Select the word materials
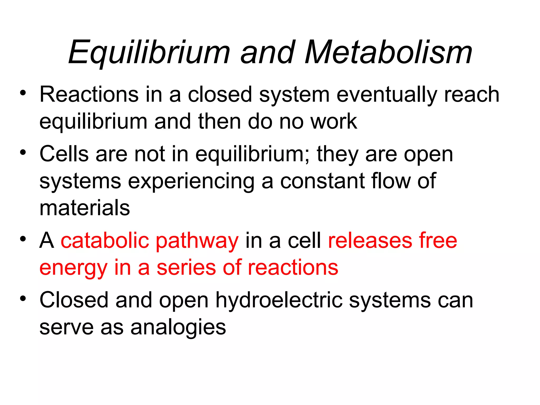point(85,208)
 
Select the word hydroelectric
point(279,301)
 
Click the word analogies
point(178,328)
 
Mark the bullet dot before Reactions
point(23,93)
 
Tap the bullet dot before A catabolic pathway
point(23,239)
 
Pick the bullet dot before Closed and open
point(23,298)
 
